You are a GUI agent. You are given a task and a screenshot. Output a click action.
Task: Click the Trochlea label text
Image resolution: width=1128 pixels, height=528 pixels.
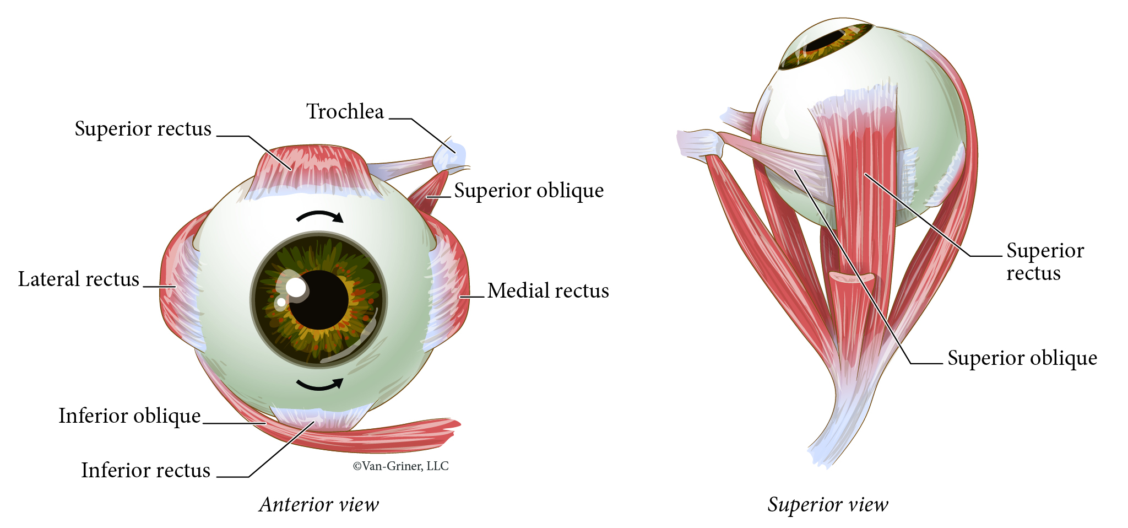[345, 112]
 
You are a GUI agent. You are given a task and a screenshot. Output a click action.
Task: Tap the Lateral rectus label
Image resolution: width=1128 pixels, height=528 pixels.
[78, 279]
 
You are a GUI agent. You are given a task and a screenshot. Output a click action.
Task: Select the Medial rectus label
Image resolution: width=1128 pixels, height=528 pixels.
[548, 291]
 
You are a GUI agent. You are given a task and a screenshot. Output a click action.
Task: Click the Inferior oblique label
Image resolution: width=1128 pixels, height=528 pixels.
[129, 416]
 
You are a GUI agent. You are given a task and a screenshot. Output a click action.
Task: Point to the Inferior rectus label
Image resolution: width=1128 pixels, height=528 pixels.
[145, 471]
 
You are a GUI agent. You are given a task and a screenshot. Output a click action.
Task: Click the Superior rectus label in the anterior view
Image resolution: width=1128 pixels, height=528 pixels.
[143, 129]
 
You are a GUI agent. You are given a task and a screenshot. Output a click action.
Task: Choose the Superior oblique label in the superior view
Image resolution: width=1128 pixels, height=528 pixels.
[1022, 358]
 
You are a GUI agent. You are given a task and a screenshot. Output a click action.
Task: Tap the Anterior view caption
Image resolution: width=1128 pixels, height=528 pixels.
[319, 504]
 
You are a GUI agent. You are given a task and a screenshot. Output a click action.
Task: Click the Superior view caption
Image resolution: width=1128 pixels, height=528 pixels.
[828, 504]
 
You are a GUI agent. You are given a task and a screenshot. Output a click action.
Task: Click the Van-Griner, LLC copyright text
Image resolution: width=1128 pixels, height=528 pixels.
[400, 466]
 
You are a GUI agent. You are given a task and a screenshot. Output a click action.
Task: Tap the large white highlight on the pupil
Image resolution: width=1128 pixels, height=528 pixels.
[296, 287]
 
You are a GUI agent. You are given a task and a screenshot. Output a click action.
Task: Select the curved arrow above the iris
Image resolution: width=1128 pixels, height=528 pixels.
[320, 215]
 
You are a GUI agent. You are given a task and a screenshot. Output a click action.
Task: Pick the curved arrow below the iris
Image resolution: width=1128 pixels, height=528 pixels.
[320, 384]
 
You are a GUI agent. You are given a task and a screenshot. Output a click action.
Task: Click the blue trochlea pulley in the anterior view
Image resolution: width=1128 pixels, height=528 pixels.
[450, 157]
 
